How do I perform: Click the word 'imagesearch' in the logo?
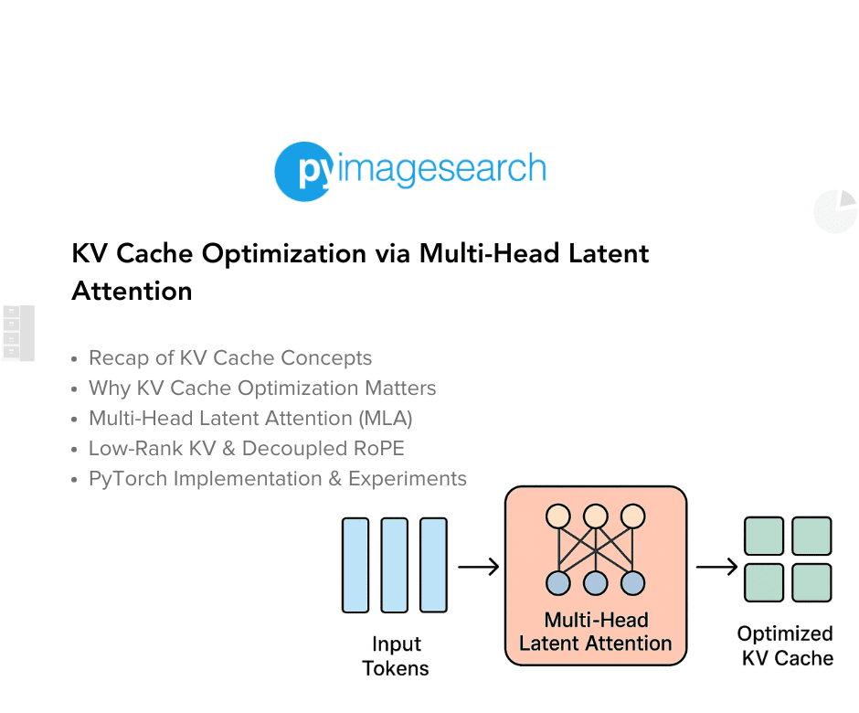442,169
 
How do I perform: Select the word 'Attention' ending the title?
132,291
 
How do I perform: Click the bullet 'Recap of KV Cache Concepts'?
229,358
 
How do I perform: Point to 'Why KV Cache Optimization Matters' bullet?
261,388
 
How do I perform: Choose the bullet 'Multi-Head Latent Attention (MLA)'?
249,419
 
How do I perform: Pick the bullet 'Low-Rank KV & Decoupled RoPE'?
246,449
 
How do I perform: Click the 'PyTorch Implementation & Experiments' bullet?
277,479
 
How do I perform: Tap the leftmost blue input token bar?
355,565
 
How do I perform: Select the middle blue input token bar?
395,565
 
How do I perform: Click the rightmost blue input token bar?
434,565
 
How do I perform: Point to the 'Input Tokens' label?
395,656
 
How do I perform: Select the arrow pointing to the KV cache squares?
716,568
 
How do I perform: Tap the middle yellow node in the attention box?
596,516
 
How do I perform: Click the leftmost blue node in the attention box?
558,582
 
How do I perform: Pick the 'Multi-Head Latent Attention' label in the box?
596,632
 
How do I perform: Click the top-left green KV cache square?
764,537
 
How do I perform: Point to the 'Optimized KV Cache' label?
785,645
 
